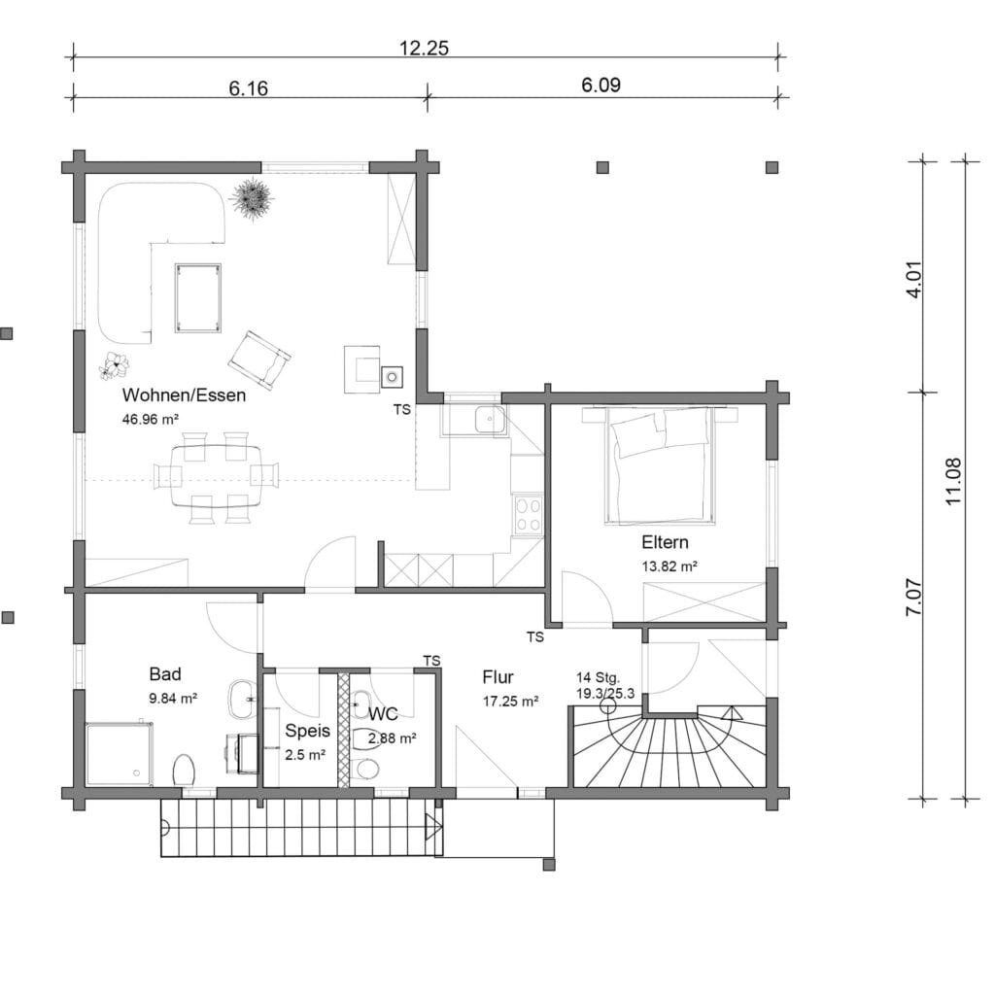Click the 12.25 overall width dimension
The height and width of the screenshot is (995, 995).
[424, 49]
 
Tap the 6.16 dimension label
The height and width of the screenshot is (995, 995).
[248, 87]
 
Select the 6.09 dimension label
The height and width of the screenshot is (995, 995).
[600, 85]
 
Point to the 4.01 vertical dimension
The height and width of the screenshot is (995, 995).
[914, 280]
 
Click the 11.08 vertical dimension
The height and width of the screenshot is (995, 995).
[954, 481]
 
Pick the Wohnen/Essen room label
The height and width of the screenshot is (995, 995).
[184, 395]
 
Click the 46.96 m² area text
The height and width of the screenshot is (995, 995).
[151, 419]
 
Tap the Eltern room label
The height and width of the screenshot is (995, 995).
[665, 542]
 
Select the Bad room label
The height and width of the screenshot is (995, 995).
[165, 674]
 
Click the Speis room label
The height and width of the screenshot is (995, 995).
[308, 731]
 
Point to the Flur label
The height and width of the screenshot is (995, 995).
[498, 677]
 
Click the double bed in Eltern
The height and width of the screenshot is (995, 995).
[661, 465]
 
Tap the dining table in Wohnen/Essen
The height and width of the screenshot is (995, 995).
[216, 475]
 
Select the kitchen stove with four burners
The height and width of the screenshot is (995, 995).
[528, 514]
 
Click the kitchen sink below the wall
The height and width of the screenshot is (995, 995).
[490, 419]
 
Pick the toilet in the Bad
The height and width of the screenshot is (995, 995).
[184, 770]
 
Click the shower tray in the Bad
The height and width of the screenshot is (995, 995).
[120, 753]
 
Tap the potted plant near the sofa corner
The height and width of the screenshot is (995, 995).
[253, 198]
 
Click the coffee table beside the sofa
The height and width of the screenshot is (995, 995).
[198, 297]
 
